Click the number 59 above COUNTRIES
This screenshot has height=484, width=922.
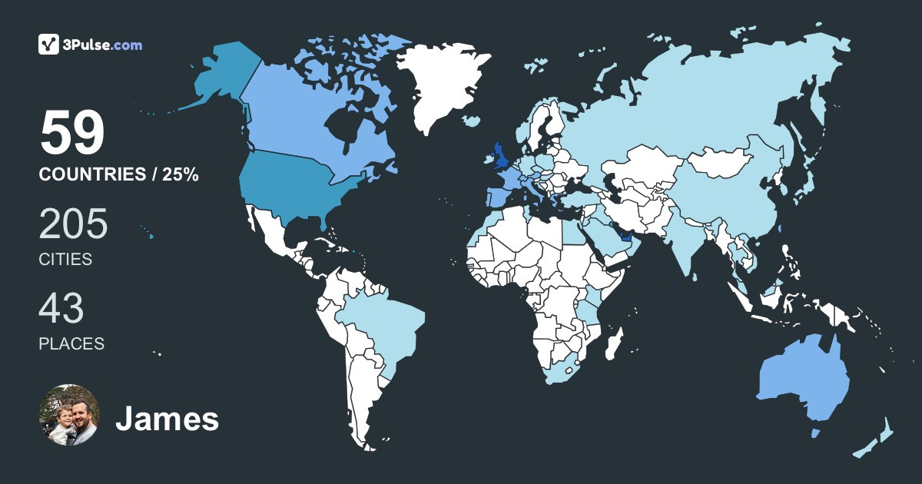(72, 134)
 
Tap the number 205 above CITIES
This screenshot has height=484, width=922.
(74, 225)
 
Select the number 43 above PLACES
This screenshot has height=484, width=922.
(61, 309)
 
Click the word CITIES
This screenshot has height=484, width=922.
(65, 260)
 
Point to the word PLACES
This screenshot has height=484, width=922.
(71, 343)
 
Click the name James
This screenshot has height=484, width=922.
(167, 419)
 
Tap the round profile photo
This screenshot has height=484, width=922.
(69, 415)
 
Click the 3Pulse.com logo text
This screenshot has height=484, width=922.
(104, 45)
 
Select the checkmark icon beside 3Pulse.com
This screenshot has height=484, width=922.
(49, 45)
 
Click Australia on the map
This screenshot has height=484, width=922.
(803, 380)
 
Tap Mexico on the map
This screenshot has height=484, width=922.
(273, 230)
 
